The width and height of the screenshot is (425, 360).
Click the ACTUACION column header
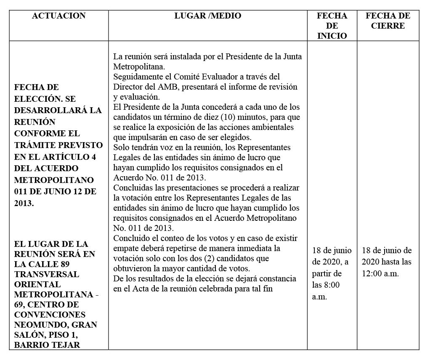[x=58, y=16]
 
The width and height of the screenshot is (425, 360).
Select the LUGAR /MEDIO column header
[x=208, y=16]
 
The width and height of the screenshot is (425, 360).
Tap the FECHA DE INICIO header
[x=332, y=26]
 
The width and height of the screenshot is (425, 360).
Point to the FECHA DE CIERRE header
[x=388, y=21]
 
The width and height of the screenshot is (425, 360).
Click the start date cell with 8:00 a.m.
[x=332, y=273]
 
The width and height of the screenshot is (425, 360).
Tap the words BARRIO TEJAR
[x=47, y=345]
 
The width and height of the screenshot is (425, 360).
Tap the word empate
[x=126, y=248]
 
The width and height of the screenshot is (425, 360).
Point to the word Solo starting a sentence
[x=122, y=147]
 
